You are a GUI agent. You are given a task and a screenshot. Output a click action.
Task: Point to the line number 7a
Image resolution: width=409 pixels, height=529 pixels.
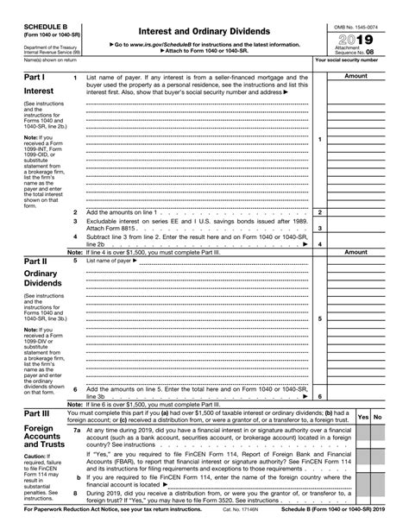pos(77,429)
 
